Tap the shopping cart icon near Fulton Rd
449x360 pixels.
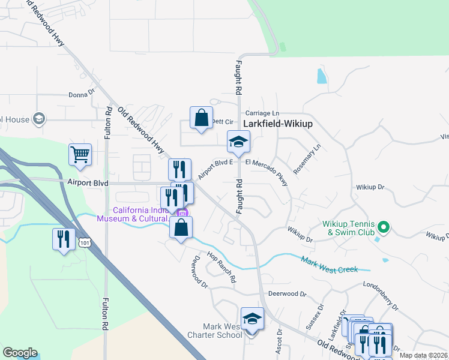pos(80,154)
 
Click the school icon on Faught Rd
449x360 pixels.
pos(238,142)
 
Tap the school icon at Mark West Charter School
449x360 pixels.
pos(252,319)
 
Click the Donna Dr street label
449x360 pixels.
pos(82,94)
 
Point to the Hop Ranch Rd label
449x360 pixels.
pos(221,267)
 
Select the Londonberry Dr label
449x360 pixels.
pos(382,296)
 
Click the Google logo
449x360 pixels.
pos(20,353)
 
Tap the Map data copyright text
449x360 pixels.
pos(424,355)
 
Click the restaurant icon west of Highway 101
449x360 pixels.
pos(63,239)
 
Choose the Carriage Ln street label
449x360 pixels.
pos(263,113)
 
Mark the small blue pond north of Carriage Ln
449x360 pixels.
pos(322,76)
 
